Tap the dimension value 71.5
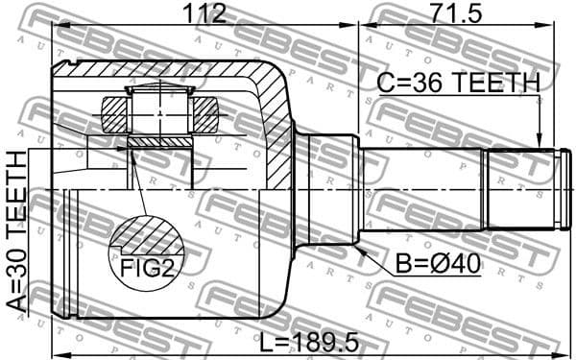point(458,13)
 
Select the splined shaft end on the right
point(522,189)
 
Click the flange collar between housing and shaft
point(323,189)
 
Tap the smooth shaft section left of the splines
point(422,189)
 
